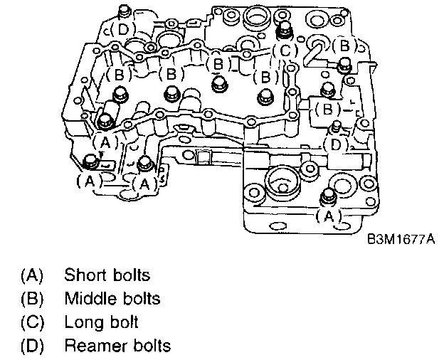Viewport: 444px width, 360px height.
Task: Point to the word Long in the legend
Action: (x=79, y=322)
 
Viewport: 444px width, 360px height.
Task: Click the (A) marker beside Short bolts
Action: (x=32, y=274)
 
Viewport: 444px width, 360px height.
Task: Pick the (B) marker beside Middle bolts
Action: (x=32, y=298)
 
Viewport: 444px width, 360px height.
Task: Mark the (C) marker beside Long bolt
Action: (x=32, y=322)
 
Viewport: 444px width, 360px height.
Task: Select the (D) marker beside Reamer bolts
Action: (x=32, y=346)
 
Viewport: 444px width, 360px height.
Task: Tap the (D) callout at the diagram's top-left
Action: (x=122, y=28)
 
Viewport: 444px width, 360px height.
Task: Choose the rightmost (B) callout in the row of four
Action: (x=266, y=76)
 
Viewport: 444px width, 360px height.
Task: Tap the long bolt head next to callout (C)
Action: (x=285, y=30)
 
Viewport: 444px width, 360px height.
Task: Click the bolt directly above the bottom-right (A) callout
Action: (x=329, y=196)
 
